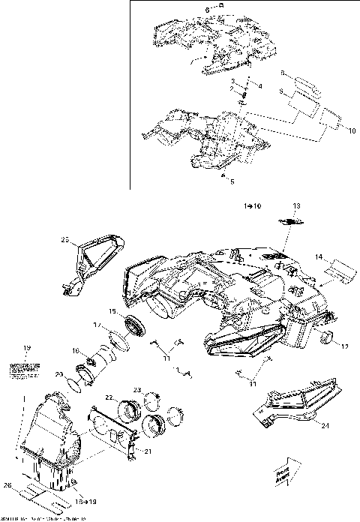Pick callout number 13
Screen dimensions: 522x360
click(295, 205)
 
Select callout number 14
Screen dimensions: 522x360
click(319, 257)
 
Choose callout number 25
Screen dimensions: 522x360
click(65, 239)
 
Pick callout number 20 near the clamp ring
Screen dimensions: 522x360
click(59, 373)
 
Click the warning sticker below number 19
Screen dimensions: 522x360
click(25, 368)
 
